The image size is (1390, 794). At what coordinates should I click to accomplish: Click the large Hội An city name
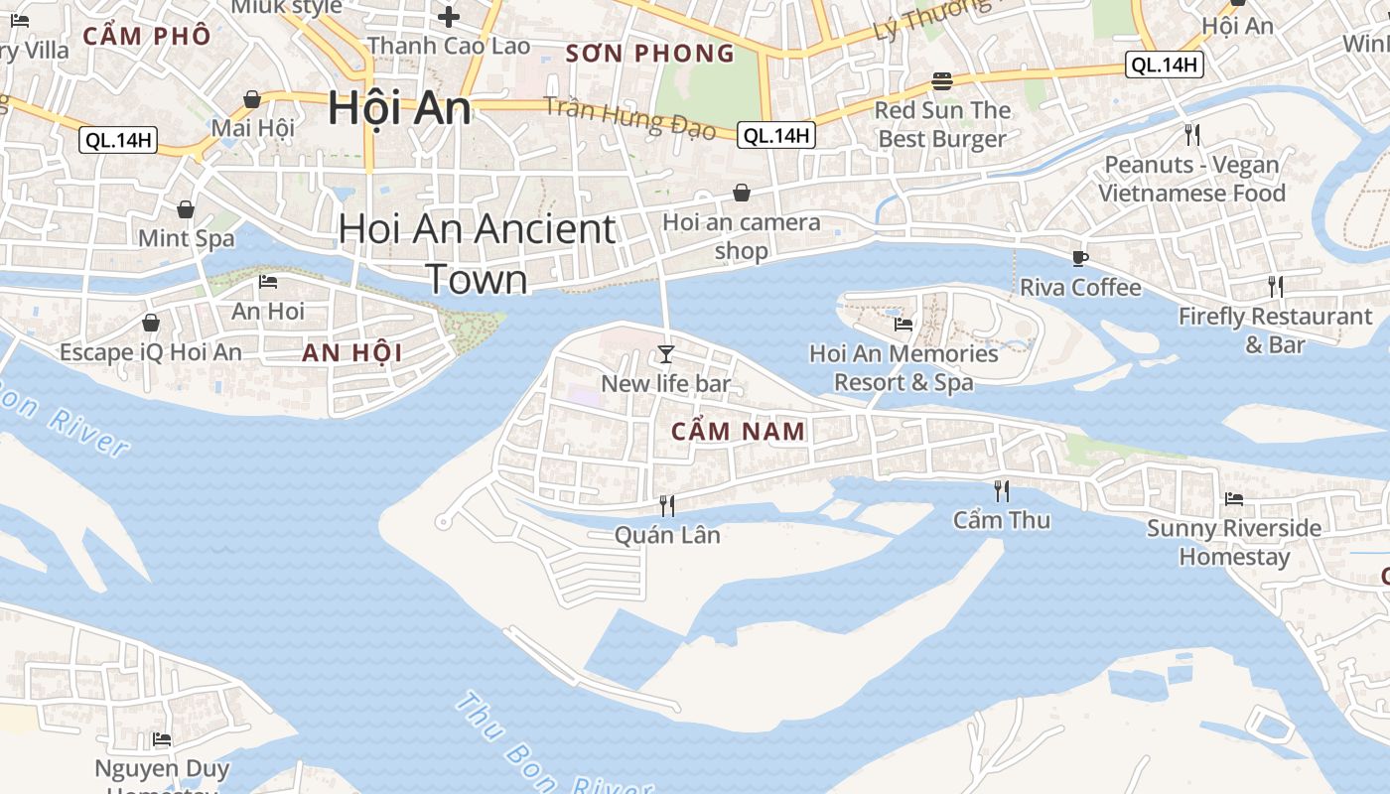pyautogui.click(x=399, y=107)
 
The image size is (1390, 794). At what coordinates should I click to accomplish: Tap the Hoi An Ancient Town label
pyautogui.click(x=477, y=254)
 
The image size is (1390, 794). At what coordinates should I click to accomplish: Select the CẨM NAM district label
pyautogui.click(x=738, y=431)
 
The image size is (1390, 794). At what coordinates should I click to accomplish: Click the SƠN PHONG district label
pyautogui.click(x=649, y=54)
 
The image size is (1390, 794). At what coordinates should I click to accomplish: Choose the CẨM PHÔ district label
pyautogui.click(x=147, y=37)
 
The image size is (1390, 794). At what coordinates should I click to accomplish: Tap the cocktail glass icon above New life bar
pyautogui.click(x=666, y=354)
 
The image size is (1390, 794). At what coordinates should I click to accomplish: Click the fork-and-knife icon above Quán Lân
pyautogui.click(x=667, y=506)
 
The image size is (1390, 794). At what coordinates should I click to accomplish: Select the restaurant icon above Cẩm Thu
pyautogui.click(x=1002, y=490)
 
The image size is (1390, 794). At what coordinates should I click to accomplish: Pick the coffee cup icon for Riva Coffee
pyautogui.click(x=1080, y=258)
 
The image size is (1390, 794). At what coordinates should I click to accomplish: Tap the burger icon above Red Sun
pyautogui.click(x=942, y=81)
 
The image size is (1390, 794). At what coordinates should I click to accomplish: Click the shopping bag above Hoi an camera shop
pyautogui.click(x=742, y=193)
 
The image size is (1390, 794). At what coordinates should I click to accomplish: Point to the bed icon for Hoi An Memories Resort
pyautogui.click(x=903, y=324)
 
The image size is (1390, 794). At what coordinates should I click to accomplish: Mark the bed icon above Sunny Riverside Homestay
pyautogui.click(x=1234, y=498)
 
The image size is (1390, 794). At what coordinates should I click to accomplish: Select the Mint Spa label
pyautogui.click(x=187, y=238)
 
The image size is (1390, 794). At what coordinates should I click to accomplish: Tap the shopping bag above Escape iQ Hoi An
pyautogui.click(x=151, y=323)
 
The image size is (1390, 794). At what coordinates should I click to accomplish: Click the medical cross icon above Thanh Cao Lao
pyautogui.click(x=449, y=17)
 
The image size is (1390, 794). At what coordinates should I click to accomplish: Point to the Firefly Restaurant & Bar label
pyautogui.click(x=1275, y=331)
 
